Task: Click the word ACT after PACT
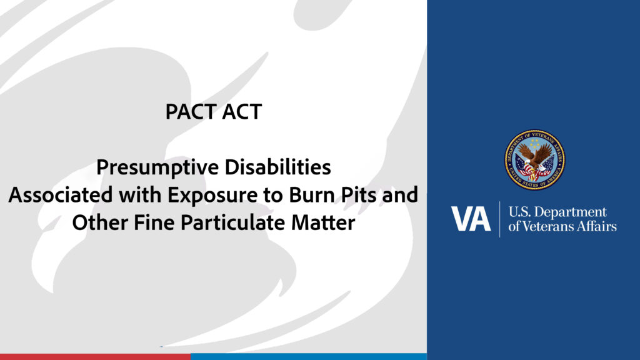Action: coord(241,112)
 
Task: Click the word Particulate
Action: coord(239,222)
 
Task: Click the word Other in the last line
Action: coord(96,222)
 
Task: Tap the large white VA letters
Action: coord(471,219)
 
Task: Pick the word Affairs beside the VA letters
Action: coord(596,226)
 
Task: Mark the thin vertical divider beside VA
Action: coord(499,219)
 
